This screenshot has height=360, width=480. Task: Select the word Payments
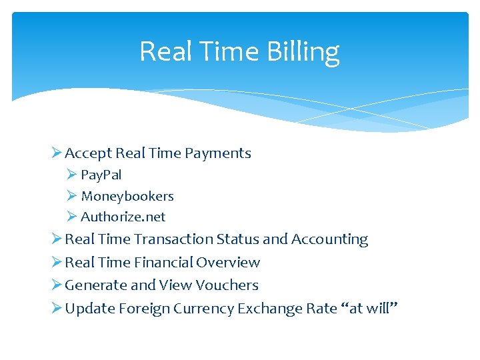(218, 153)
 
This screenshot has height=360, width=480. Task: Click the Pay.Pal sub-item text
(101, 175)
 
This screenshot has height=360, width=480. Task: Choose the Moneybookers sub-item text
(127, 196)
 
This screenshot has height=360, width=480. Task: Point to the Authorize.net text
(123, 217)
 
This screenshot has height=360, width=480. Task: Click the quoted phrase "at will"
(369, 309)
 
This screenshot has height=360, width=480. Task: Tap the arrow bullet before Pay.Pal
(72, 175)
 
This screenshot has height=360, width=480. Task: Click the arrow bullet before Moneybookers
(72, 196)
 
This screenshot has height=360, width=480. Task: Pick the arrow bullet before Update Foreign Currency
(56, 309)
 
